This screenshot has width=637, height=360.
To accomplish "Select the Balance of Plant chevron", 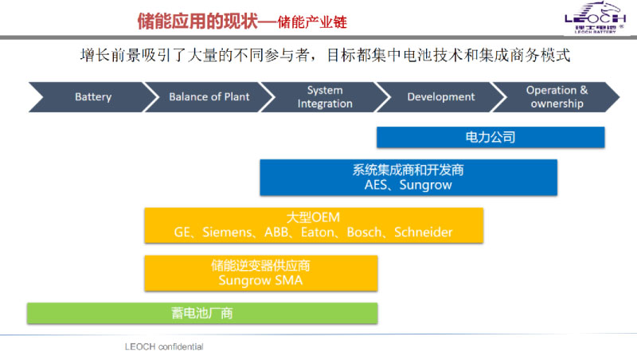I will pyautogui.click(x=209, y=97).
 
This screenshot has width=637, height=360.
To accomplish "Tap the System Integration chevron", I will pyautogui.click(x=325, y=97).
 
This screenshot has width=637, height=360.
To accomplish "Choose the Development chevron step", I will pyautogui.click(x=440, y=97).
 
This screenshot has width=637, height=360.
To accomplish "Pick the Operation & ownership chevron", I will pyautogui.click(x=557, y=97).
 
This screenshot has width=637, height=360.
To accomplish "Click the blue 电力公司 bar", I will pyautogui.click(x=490, y=137).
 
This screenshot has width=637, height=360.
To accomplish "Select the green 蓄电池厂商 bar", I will pyautogui.click(x=202, y=313).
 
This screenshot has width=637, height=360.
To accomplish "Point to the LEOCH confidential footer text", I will pyautogui.click(x=164, y=346).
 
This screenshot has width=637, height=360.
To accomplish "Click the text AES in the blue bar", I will pyautogui.click(x=368, y=185).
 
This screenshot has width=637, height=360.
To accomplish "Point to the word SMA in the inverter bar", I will pyautogui.click(x=287, y=280).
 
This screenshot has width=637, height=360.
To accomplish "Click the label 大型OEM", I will pyautogui.click(x=314, y=217).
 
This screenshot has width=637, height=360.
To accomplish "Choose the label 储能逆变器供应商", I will pyautogui.click(x=260, y=265).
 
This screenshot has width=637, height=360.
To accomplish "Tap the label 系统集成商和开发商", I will pyautogui.click(x=408, y=170).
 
